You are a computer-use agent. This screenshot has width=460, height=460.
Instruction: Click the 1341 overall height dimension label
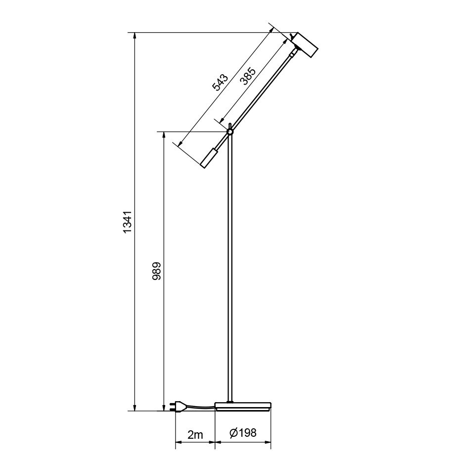pos(128,222)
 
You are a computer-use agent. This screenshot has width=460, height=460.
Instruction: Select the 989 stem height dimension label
pos(156,272)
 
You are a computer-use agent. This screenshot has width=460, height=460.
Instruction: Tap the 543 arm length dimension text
pos(220,83)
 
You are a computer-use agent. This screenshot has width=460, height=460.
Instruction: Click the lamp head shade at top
pos(305,45)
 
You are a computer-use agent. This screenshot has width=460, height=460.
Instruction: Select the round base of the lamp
pos(243,406)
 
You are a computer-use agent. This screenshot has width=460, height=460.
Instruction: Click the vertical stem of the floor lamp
pos(230,267)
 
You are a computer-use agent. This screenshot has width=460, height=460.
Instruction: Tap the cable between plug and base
pos(200,407)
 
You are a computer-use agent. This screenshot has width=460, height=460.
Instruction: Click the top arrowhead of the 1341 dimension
pos(135,36)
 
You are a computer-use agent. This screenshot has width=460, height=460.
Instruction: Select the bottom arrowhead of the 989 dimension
pos(163,407)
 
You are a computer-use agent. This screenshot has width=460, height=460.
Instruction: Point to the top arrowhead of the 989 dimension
pos(163,136)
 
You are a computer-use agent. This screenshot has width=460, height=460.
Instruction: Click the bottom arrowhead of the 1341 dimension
pos(135,407)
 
